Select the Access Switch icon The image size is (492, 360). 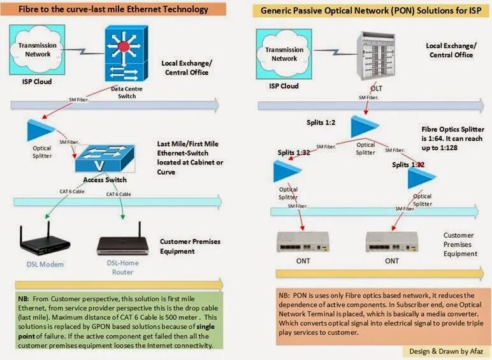coord(104,157)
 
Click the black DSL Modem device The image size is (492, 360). coord(43,240)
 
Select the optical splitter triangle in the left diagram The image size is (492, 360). coord(41,130)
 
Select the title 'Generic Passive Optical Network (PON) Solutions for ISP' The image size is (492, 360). coord(368,10)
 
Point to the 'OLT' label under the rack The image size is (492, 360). coord(376,88)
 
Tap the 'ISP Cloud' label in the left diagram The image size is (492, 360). coord(35,82)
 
